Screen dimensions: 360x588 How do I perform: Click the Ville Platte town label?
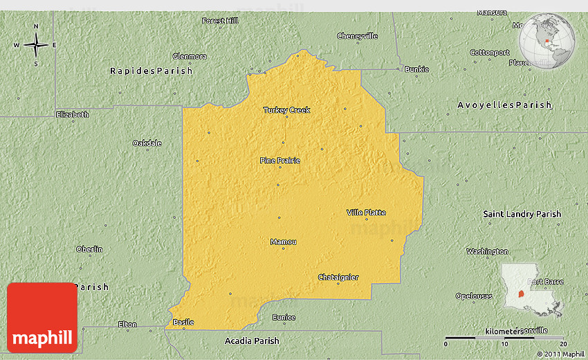coord(366,213)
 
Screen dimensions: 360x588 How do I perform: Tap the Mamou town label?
coord(283,242)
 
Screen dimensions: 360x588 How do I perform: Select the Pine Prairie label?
coord(280,161)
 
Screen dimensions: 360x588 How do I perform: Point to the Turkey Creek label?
coord(286,110)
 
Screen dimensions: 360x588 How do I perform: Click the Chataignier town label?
coord(338,278)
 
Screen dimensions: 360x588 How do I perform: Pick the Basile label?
coord(183,322)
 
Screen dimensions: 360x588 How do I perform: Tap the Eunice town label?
coord(284,318)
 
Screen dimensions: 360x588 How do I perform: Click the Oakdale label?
coord(147,143)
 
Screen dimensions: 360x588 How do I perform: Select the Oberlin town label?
coord(89,249)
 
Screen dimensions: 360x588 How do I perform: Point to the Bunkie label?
coord(417,69)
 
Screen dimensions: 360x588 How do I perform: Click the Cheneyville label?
coord(358,36)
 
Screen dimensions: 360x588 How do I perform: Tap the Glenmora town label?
coord(189,56)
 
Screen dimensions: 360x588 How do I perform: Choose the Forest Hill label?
coord(220,21)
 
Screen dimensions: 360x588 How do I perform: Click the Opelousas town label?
coord(474,296)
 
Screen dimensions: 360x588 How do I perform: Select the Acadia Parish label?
coord(252,341)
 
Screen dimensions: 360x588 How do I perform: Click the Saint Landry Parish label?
coord(522,215)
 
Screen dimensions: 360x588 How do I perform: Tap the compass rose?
coord(36,46)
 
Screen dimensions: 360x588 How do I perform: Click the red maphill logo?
coord(42,318)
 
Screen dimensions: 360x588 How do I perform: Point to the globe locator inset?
coord(547,41)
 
